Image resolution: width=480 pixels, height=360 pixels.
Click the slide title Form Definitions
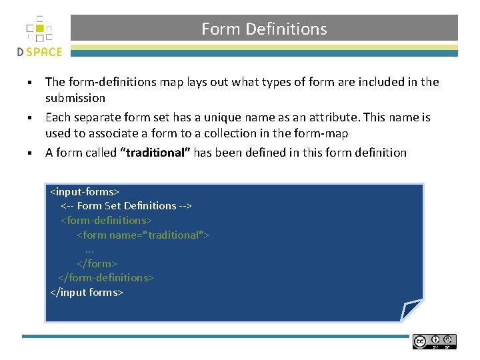(x=264, y=29)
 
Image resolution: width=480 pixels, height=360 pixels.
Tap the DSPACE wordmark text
(x=39, y=52)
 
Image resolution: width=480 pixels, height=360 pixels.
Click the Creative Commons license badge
(x=435, y=341)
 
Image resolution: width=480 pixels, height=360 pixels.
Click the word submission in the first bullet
(x=75, y=98)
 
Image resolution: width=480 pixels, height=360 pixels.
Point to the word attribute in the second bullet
(x=311, y=117)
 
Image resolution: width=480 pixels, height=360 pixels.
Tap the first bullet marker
(x=30, y=83)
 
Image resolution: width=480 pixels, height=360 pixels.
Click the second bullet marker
(x=30, y=118)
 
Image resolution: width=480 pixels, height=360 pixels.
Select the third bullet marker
(x=30, y=153)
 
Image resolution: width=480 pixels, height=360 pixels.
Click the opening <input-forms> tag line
(x=85, y=192)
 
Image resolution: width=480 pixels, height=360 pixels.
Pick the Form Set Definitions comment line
(x=127, y=206)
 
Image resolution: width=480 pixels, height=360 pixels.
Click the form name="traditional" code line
(x=143, y=235)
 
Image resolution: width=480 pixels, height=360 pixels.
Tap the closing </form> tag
(x=97, y=264)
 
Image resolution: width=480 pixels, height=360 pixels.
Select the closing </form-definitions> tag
(x=106, y=278)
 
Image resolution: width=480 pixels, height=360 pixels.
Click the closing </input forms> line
(x=87, y=293)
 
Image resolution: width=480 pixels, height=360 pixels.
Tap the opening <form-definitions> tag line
(x=107, y=221)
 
